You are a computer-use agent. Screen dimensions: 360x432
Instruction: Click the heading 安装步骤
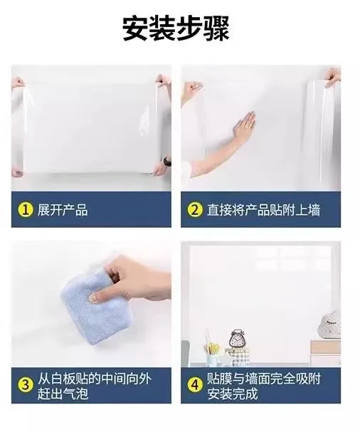click(x=176, y=29)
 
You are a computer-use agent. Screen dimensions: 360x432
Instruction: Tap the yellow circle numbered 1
click(x=26, y=210)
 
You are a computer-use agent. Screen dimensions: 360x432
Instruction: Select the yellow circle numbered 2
click(x=195, y=210)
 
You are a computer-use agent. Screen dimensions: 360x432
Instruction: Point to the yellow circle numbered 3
click(x=26, y=385)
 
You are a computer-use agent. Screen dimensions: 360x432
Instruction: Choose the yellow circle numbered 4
click(x=195, y=385)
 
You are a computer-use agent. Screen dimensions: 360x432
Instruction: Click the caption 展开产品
click(x=63, y=210)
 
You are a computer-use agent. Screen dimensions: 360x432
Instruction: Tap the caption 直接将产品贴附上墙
click(x=263, y=210)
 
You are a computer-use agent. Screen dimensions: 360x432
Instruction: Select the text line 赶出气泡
click(x=63, y=393)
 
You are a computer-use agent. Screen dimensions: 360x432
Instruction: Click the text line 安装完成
click(x=232, y=393)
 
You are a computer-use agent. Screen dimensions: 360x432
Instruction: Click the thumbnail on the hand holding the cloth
click(x=94, y=297)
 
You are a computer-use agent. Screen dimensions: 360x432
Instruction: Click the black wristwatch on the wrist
click(x=166, y=161)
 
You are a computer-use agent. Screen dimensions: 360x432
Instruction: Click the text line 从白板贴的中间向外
click(x=94, y=379)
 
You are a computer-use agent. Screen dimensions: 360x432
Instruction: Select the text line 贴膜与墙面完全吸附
click(x=263, y=379)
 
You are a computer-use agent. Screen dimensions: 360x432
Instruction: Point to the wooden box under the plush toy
click(x=326, y=347)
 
